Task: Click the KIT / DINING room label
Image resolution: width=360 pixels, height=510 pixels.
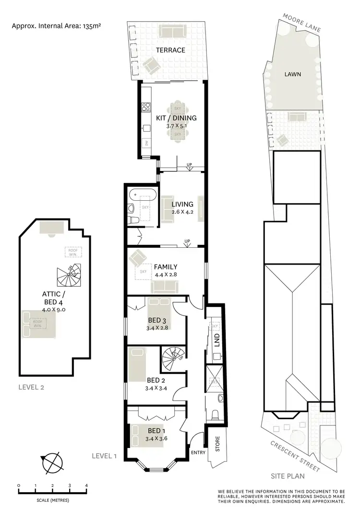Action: (176, 118)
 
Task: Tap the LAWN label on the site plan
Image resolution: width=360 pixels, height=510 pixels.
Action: (292, 74)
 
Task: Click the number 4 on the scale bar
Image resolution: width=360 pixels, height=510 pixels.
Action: (86, 486)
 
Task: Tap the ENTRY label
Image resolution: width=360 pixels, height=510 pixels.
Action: (197, 452)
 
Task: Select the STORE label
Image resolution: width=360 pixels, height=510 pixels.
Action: (217, 447)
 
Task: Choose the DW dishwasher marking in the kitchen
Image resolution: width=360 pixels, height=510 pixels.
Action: (146, 143)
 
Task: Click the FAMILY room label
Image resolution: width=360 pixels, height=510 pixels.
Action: (166, 267)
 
